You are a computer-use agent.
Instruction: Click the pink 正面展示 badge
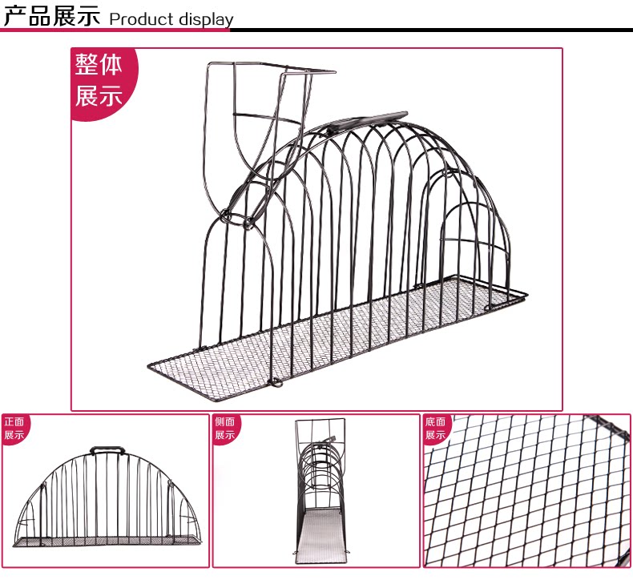(14, 429)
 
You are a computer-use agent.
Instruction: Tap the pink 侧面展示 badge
(224, 429)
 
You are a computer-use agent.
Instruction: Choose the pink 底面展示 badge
(436, 429)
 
